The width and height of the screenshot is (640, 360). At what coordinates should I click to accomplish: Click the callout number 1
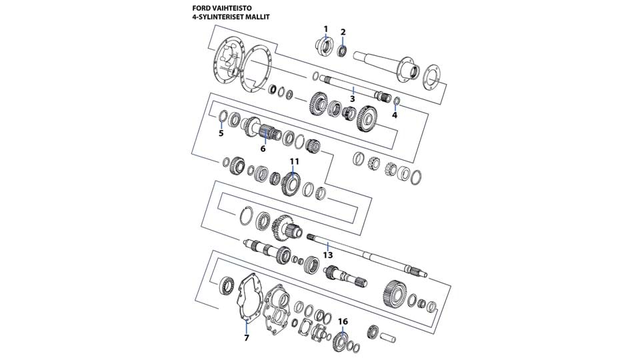pyautogui.click(x=326, y=29)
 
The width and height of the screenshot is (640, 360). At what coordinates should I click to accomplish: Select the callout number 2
pyautogui.click(x=343, y=31)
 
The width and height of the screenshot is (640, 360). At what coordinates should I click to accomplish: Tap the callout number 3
pyautogui.click(x=353, y=99)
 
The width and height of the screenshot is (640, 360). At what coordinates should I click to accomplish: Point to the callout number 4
pyautogui.click(x=395, y=115)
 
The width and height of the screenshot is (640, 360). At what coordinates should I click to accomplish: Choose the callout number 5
pyautogui.click(x=221, y=133)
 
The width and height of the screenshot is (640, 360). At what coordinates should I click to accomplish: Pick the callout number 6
pyautogui.click(x=263, y=148)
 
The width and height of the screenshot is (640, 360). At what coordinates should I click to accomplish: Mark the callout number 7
pyautogui.click(x=247, y=337)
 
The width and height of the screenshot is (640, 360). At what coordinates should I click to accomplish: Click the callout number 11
pyautogui.click(x=294, y=161)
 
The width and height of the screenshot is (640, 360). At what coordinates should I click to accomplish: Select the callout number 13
pyautogui.click(x=327, y=255)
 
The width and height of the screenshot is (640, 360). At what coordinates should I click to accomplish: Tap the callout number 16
pyautogui.click(x=343, y=321)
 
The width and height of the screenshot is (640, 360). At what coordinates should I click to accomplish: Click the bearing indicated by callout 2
pyautogui.click(x=343, y=50)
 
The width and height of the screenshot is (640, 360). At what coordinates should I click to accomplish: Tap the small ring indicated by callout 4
pyautogui.click(x=396, y=101)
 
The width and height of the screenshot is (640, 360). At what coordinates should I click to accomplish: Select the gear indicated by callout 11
pyautogui.click(x=291, y=183)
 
